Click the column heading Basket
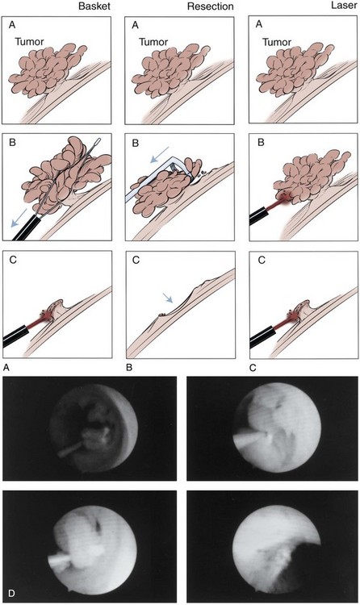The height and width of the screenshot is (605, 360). pyautogui.click(x=94, y=6)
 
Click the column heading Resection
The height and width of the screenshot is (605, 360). pyautogui.click(x=211, y=6)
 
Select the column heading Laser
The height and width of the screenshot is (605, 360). pyautogui.click(x=344, y=6)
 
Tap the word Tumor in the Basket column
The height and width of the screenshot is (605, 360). pyautogui.click(x=29, y=41)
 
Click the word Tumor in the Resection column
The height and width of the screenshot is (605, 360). pyautogui.click(x=153, y=41)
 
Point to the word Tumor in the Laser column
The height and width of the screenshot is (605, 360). pyautogui.click(x=277, y=41)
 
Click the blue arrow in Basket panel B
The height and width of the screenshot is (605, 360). pyautogui.click(x=19, y=218)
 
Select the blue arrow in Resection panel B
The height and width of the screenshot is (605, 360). pyautogui.click(x=160, y=153)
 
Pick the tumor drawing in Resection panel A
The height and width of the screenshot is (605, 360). pyautogui.click(x=171, y=70)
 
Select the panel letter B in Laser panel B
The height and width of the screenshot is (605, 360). pyautogui.click(x=261, y=142)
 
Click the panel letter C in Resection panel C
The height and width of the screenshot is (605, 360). pyautogui.click(x=136, y=260)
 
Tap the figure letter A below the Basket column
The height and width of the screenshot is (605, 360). pyautogui.click(x=6, y=367)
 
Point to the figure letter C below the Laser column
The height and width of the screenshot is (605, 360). pyautogui.click(x=253, y=367)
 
